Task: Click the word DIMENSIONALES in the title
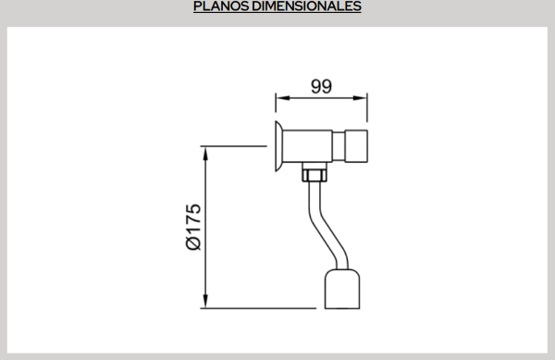(306, 6)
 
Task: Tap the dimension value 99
(321, 86)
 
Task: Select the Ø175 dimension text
(193, 227)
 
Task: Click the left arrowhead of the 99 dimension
(283, 98)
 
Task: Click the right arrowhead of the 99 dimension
(360, 98)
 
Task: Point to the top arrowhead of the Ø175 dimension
(205, 154)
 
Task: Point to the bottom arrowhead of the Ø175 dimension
(205, 301)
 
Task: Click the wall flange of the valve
(278, 146)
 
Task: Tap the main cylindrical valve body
(308, 146)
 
